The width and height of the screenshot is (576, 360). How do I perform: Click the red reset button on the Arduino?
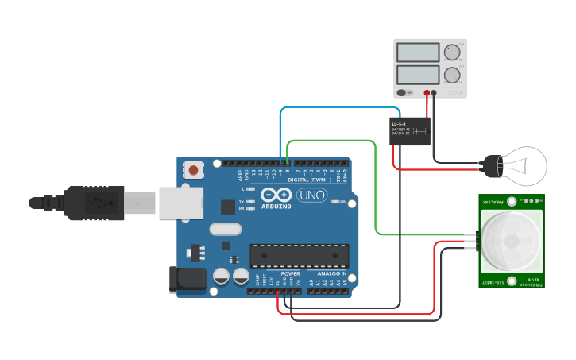[x=193, y=170]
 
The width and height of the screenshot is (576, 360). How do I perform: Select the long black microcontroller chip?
[x=300, y=256]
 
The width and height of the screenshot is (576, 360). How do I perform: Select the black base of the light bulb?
[x=493, y=165]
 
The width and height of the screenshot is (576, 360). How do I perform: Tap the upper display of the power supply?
[x=417, y=52]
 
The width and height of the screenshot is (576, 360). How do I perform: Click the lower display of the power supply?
[x=417, y=75]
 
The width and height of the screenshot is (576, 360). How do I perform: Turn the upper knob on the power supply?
[x=452, y=52]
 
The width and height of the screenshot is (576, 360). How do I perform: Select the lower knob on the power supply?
[x=452, y=76]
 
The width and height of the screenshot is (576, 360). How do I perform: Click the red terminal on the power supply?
[x=427, y=93]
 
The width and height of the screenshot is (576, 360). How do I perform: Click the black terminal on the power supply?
[x=435, y=93]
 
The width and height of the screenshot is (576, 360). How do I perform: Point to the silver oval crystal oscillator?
[x=225, y=230]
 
